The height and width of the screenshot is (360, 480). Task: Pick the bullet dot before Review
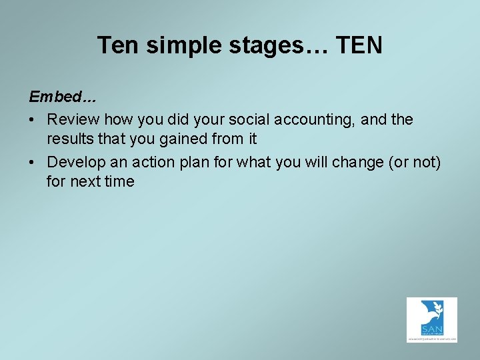coord(33,120)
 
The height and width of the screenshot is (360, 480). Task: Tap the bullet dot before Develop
coord(33,162)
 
